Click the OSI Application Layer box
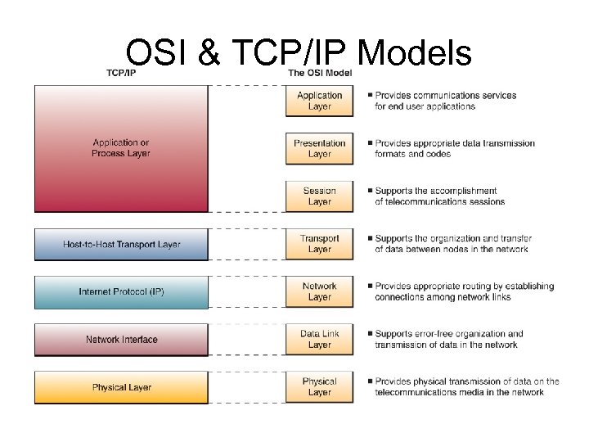pyautogui.click(x=320, y=101)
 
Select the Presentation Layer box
pyautogui.click(x=320, y=148)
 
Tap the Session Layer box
pyautogui.click(x=320, y=196)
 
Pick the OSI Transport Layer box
pyautogui.click(x=320, y=244)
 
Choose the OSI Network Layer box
pyautogui.click(x=320, y=291)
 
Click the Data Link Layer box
pyautogui.click(x=320, y=339)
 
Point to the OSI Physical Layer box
pyautogui.click(x=320, y=386)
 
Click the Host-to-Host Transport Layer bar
pyautogui.click(x=121, y=244)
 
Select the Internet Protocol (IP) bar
pyautogui.click(x=121, y=291)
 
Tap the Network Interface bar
pyautogui.click(x=121, y=339)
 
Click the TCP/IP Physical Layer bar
pyautogui.click(x=121, y=387)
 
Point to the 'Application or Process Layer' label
pyautogui.click(x=121, y=148)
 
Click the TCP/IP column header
pyautogui.click(x=121, y=73)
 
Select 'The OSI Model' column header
pyautogui.click(x=320, y=73)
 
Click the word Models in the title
pyautogui.click(x=416, y=53)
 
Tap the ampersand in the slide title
pyautogui.click(x=209, y=53)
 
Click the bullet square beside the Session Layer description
pyautogui.click(x=370, y=191)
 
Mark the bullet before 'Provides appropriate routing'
pyautogui.click(x=370, y=286)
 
